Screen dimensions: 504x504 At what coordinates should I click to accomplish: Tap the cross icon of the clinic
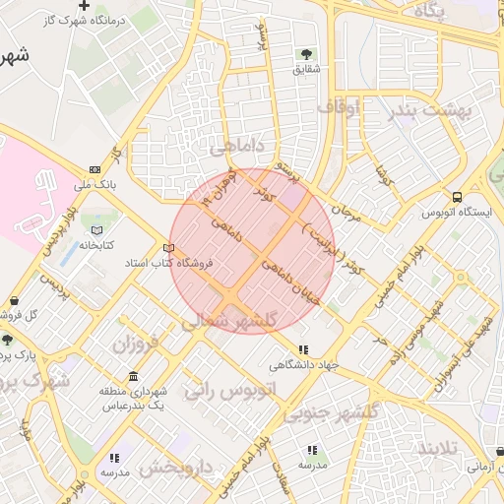tap(85, 5)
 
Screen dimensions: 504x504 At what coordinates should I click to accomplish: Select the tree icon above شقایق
tap(305, 54)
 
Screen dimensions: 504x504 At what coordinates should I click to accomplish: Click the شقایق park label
tap(306, 70)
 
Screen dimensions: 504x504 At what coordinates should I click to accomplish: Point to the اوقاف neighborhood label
tap(340, 106)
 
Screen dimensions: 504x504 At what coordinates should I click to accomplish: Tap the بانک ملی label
tap(94, 184)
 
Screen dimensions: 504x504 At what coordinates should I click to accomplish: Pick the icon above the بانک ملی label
tap(94, 168)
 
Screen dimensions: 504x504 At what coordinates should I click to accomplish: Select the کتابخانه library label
tap(95, 244)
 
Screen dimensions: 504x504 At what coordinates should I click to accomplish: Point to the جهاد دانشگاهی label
tap(304, 364)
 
